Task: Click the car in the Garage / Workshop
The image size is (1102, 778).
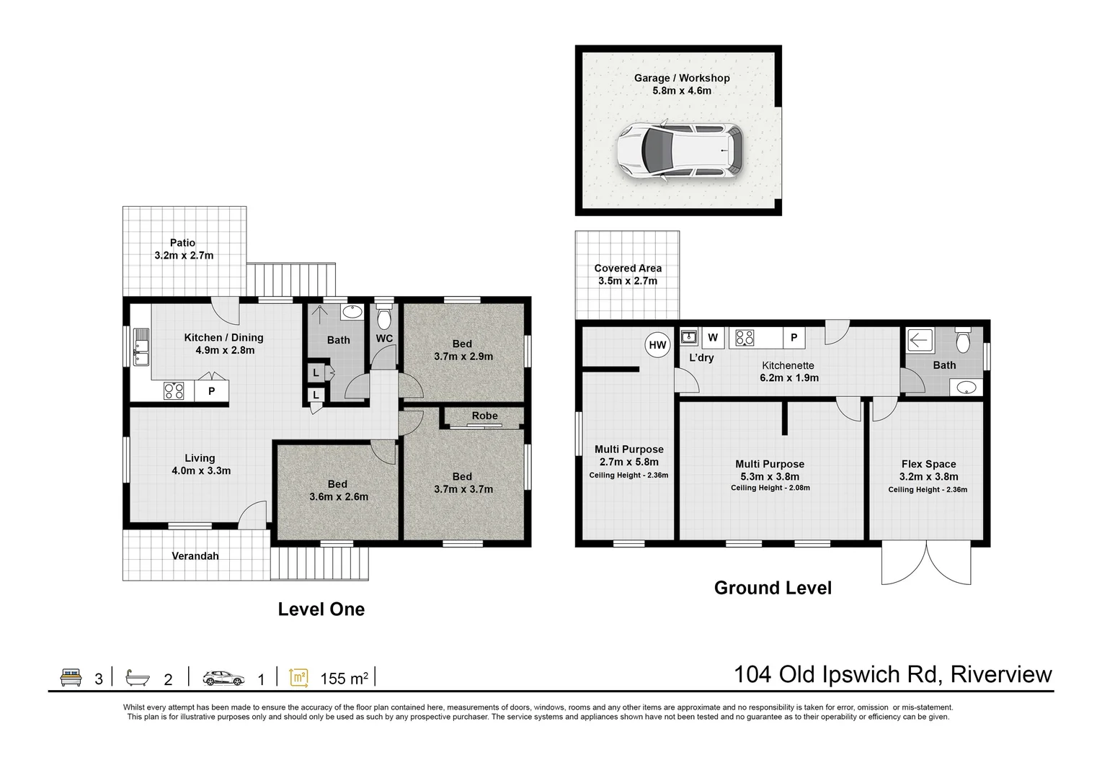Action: [x=679, y=151]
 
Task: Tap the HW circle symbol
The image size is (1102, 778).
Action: [x=657, y=345]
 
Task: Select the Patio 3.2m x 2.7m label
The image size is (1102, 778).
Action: [x=183, y=249]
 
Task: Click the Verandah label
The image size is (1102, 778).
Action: [x=195, y=555]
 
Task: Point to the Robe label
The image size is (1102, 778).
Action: [x=484, y=416]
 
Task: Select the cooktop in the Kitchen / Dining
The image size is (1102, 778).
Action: [x=174, y=391]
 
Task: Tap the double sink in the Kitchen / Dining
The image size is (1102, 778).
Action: [x=140, y=347]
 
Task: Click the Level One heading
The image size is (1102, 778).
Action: [x=321, y=609]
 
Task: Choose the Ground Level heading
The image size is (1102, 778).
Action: [x=772, y=588]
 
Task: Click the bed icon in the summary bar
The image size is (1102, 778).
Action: [x=71, y=678]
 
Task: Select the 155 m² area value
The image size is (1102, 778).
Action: [x=344, y=679]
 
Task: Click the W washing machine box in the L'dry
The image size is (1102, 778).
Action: [x=713, y=337]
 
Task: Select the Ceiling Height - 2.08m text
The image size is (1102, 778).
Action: [x=770, y=488]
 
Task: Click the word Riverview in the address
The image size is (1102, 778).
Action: [x=1000, y=675]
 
